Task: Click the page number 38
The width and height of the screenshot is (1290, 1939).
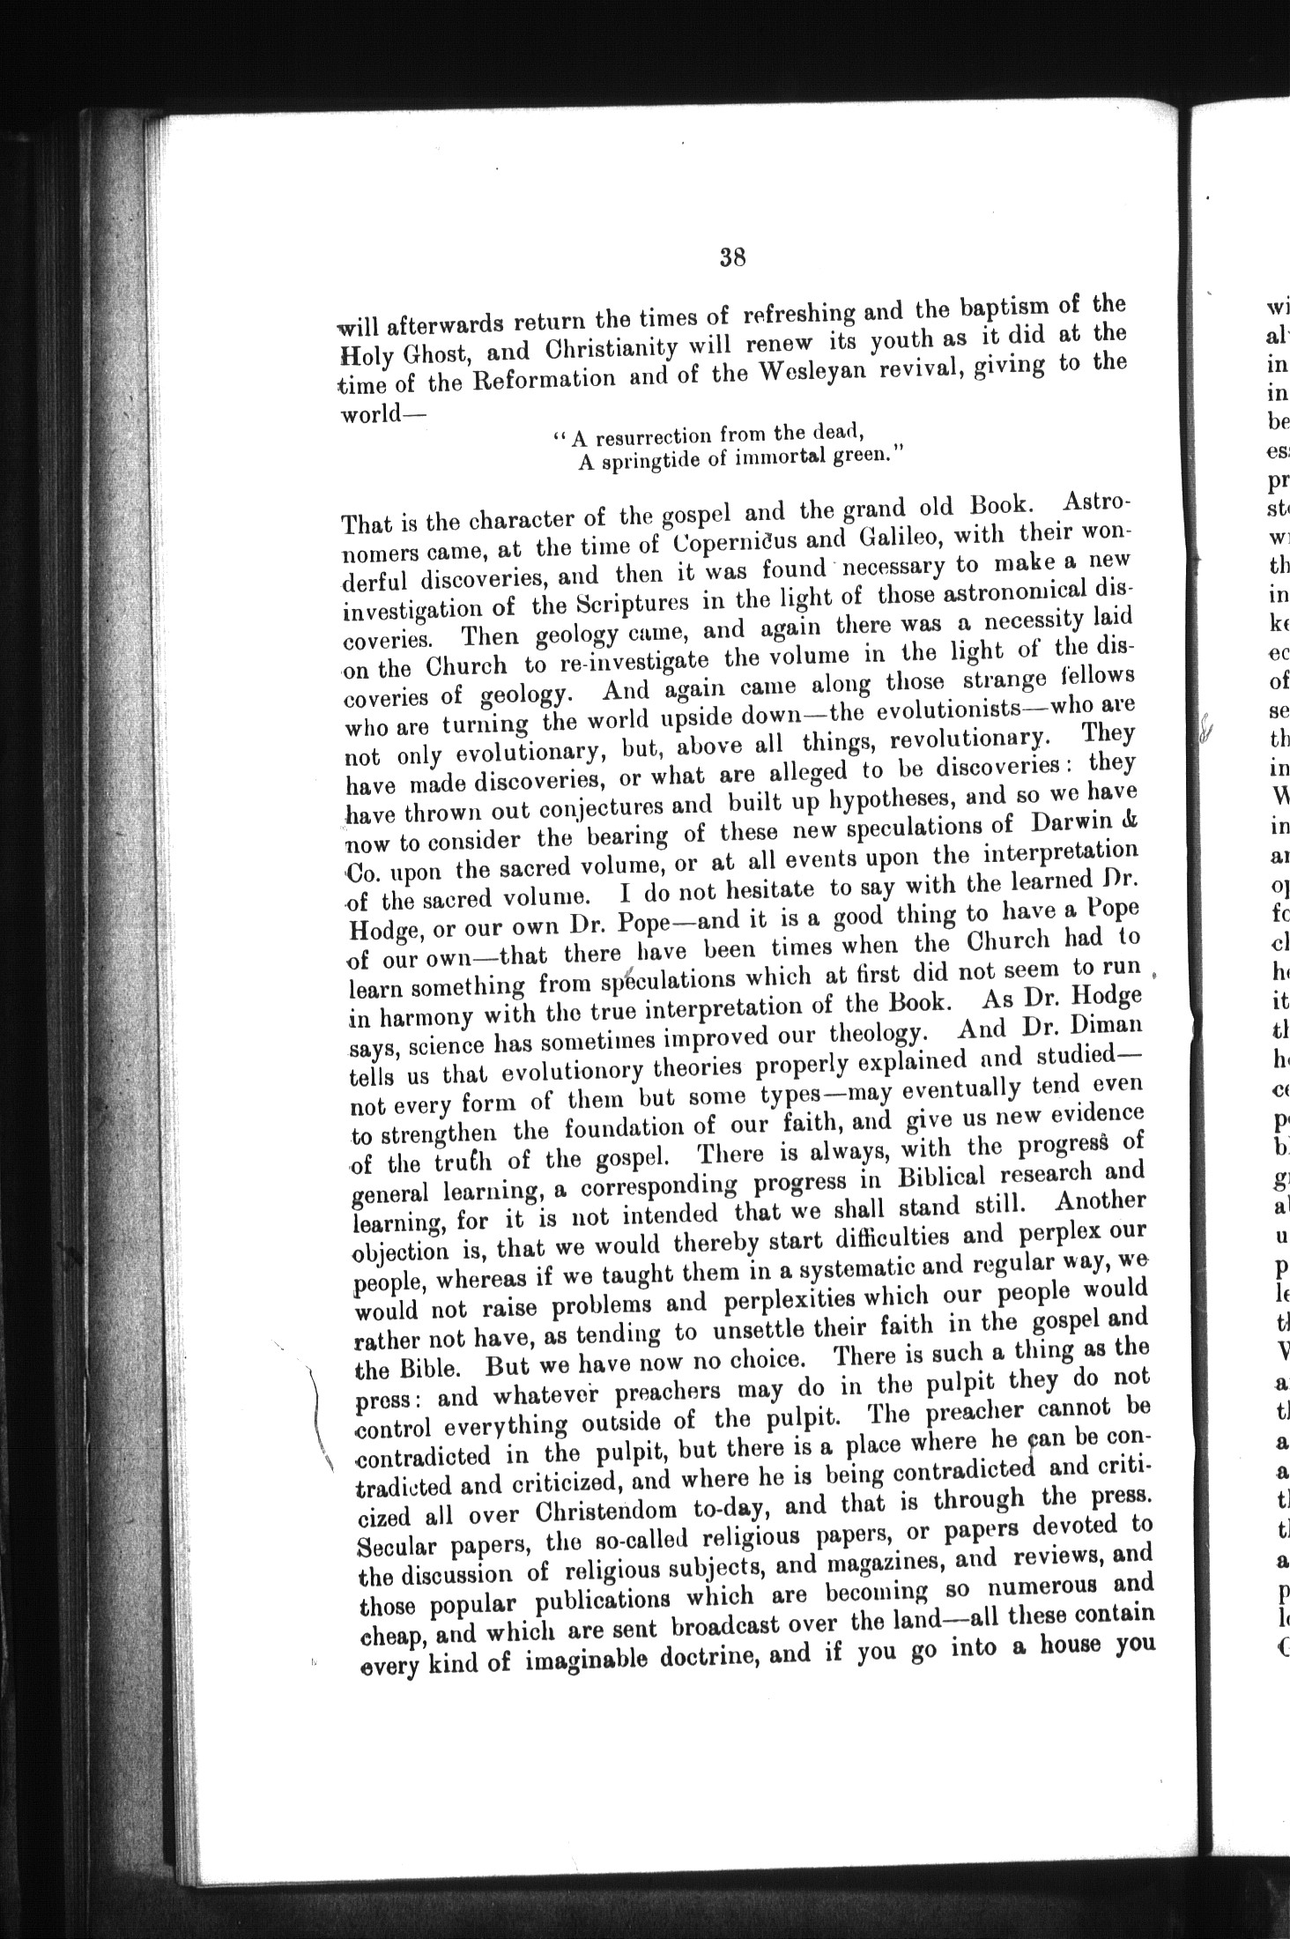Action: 733,258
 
